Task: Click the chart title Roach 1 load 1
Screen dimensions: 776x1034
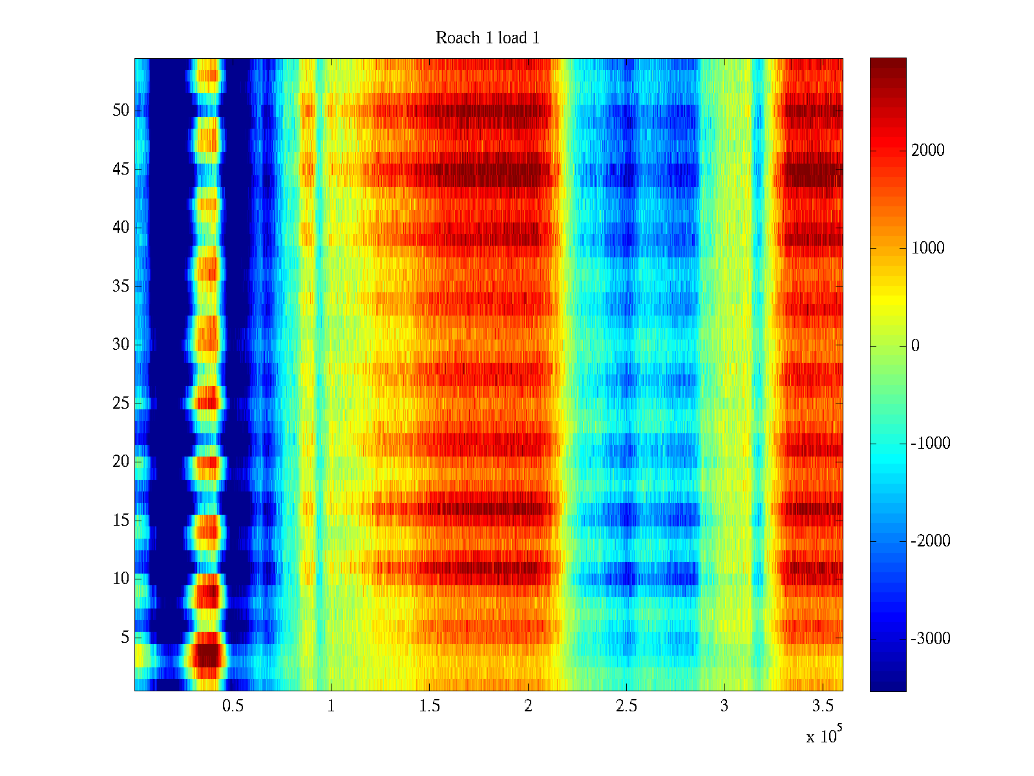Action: pos(487,38)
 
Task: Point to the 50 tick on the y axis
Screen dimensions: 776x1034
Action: pos(121,111)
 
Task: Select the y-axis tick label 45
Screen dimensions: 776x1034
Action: pos(121,169)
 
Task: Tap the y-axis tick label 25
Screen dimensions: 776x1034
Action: pos(121,404)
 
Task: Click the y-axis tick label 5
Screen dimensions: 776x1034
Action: pos(125,638)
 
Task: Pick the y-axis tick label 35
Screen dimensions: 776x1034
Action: pos(121,286)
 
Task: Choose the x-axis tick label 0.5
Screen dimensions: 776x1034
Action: pos(233,706)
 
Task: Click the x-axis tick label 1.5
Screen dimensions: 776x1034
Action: pos(429,706)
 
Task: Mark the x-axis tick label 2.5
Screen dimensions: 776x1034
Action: pos(626,706)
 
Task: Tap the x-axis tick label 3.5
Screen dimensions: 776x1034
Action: pos(822,706)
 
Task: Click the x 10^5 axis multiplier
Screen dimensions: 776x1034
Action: pos(824,736)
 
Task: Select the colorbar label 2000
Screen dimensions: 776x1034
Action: pos(927,151)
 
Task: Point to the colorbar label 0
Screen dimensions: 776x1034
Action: pos(915,346)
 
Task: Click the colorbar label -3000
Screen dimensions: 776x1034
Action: pos(930,639)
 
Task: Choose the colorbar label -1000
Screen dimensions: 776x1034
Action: pos(930,444)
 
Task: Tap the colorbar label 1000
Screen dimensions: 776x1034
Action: pos(927,248)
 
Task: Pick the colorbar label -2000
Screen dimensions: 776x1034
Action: pos(930,541)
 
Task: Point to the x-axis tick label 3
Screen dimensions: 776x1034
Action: pos(724,706)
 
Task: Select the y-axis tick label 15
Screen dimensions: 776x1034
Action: pos(121,521)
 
